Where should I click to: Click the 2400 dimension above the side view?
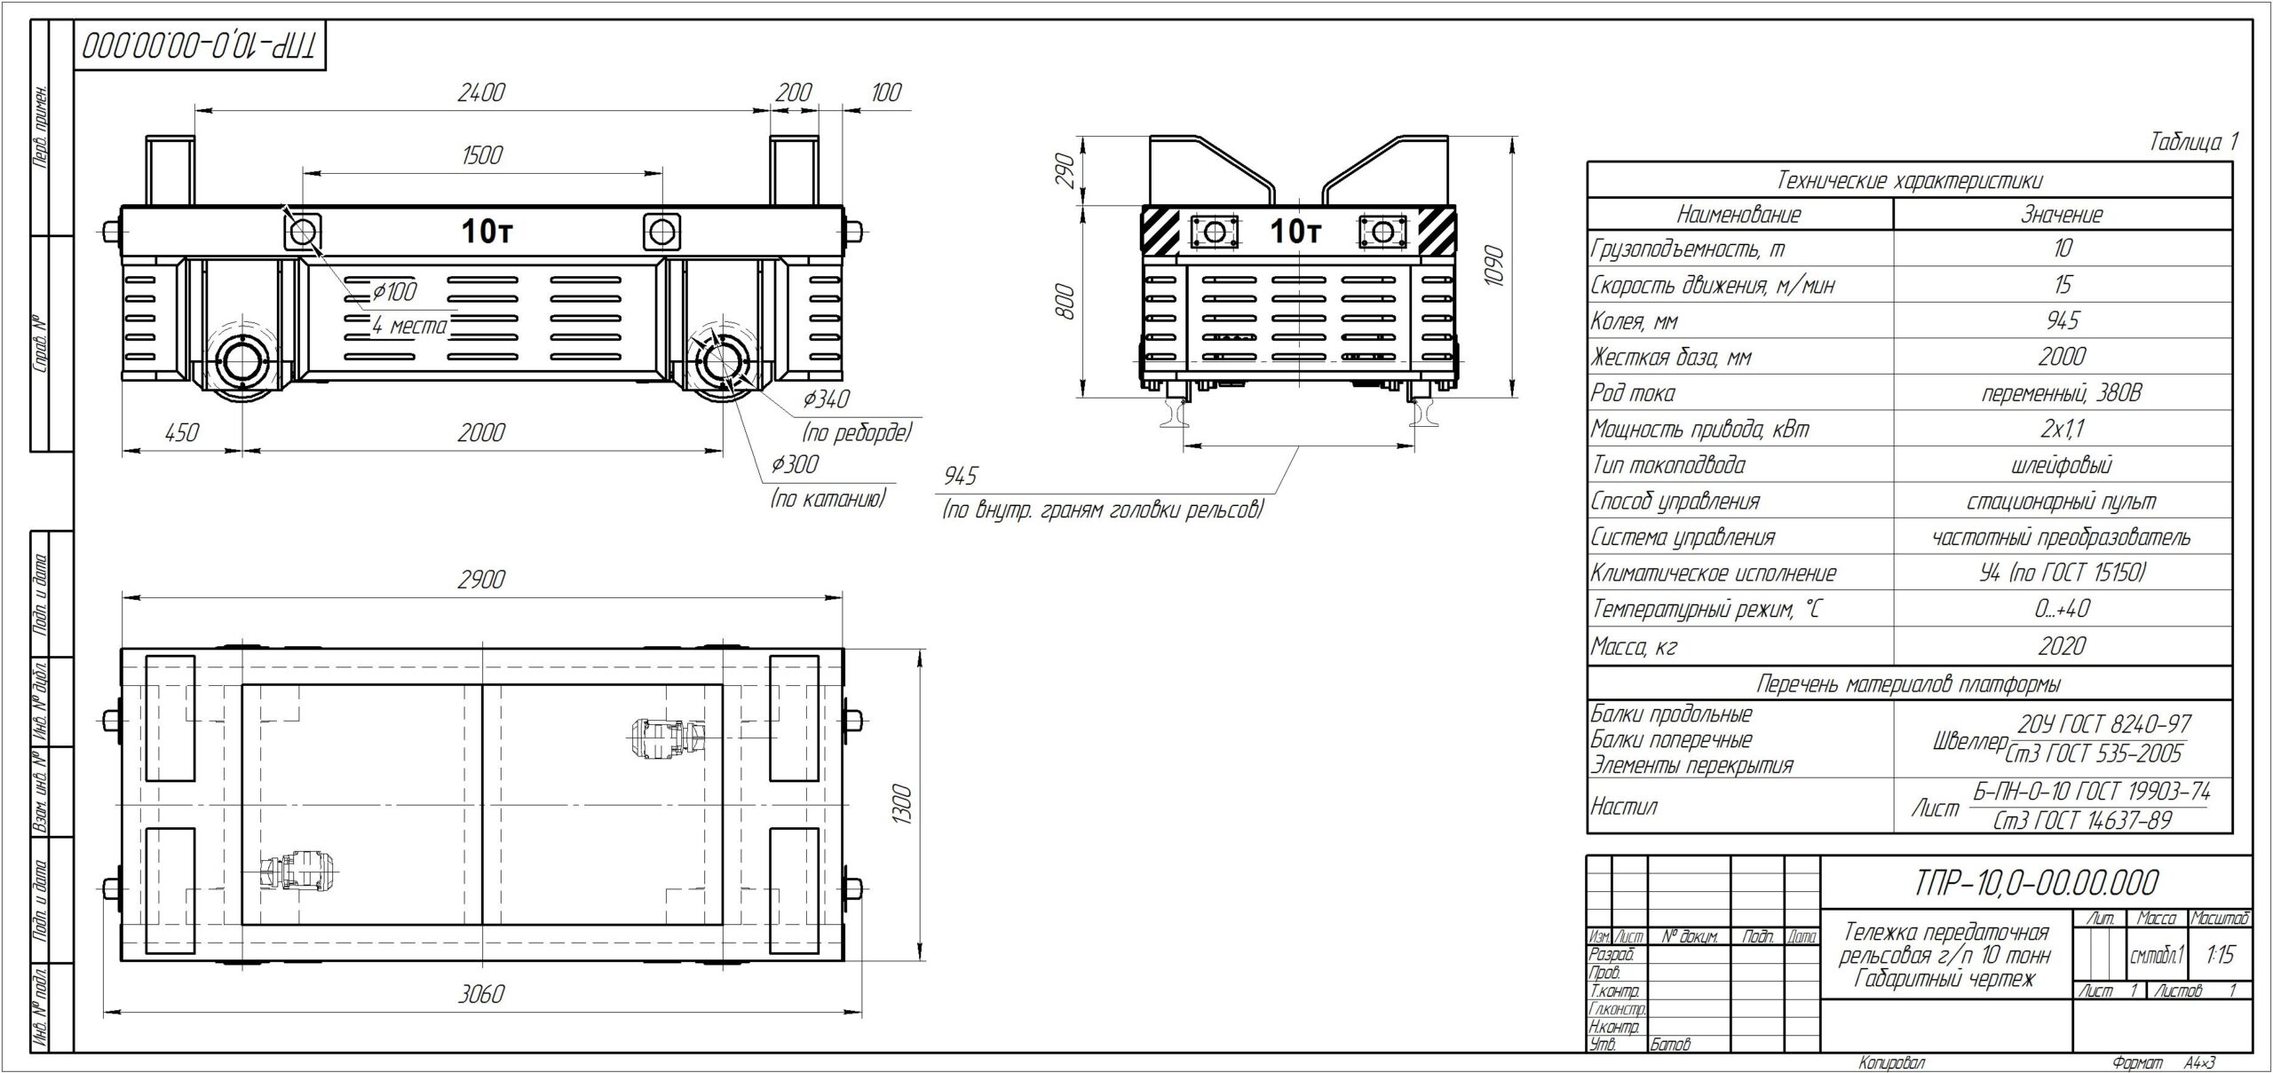[x=481, y=92]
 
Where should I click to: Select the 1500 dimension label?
[x=482, y=155]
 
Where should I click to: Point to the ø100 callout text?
[x=393, y=290]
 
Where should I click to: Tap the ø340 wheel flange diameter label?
[x=826, y=399]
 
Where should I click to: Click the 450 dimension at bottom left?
[x=181, y=432]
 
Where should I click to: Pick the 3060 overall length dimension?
[x=481, y=993]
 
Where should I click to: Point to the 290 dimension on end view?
[x=1066, y=170]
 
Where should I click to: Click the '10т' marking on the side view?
[x=487, y=233]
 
